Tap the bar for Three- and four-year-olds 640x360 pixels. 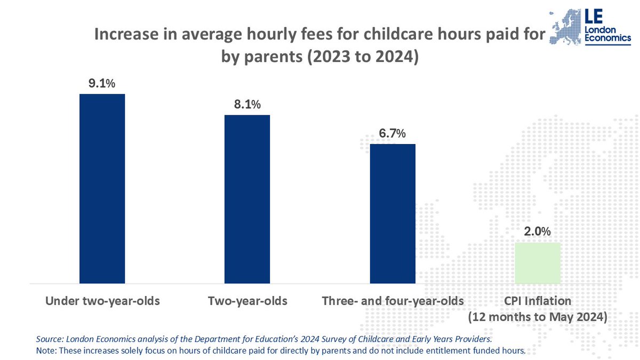pyautogui.click(x=393, y=213)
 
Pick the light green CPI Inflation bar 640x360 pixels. pyautogui.click(x=538, y=263)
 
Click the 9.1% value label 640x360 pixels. pyautogui.click(x=102, y=84)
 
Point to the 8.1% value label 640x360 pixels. pyautogui.click(x=247, y=105)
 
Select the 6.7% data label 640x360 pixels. pyautogui.click(x=393, y=133)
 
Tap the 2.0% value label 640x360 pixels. pyautogui.click(x=538, y=232)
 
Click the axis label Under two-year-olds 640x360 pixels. pyautogui.click(x=102, y=301)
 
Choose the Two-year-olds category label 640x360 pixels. pyautogui.click(x=247, y=301)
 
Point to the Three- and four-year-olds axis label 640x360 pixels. pyautogui.click(x=393, y=301)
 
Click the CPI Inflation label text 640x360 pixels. pyautogui.click(x=538, y=301)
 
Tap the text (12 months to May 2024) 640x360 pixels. pyautogui.click(x=538, y=317)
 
